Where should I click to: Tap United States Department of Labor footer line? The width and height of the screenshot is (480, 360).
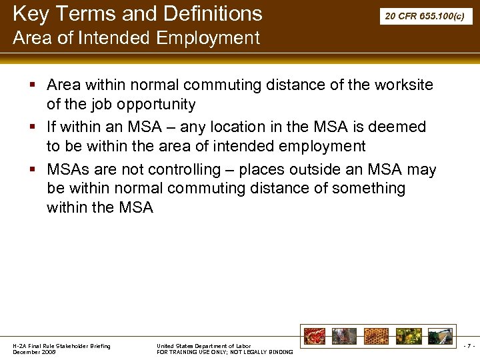(203, 345)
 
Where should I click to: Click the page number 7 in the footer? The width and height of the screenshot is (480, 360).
(469, 346)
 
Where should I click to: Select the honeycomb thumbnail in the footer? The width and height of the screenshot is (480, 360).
(375, 336)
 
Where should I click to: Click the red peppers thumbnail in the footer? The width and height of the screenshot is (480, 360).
(315, 336)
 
